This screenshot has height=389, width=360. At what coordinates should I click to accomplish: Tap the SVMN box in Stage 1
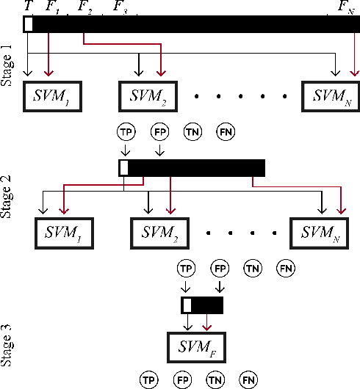(x=331, y=95)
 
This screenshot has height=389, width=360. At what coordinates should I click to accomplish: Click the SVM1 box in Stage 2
(x=62, y=233)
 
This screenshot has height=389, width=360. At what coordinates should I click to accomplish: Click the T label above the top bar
(x=28, y=6)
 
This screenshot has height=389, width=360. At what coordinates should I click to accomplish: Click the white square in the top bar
(x=28, y=24)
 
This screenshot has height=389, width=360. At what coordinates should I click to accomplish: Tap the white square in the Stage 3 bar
(x=187, y=305)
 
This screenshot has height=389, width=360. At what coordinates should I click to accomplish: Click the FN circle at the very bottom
(x=248, y=379)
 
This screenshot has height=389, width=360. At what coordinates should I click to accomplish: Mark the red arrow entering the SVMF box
(x=207, y=324)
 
